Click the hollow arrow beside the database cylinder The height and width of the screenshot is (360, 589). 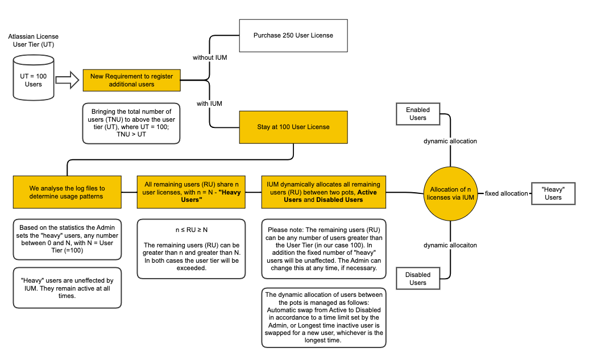coord(67,80)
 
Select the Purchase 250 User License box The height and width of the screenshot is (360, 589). coord(293,35)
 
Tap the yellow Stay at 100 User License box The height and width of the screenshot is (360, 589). coord(293,126)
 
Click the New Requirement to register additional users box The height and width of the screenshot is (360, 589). coord(131,80)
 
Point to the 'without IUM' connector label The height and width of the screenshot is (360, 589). coord(210,58)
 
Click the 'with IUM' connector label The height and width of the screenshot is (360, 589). coord(209,104)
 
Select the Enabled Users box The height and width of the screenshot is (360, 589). coord(418,114)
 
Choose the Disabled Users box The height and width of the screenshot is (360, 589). coord(418,279)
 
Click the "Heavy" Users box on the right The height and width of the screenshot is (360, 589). coord(553,193)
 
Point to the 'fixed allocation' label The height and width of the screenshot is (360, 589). coord(507,193)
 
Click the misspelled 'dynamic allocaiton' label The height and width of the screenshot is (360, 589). coord(450,245)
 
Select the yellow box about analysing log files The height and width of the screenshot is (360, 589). coord(67,192)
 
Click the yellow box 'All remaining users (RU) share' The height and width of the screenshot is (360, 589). coord(192,192)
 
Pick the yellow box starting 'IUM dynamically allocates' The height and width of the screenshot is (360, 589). coord(323,192)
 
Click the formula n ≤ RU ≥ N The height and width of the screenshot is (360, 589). coord(192,230)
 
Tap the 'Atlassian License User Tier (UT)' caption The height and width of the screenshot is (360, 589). coord(34,40)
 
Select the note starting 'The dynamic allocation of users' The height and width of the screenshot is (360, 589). coord(323,317)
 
